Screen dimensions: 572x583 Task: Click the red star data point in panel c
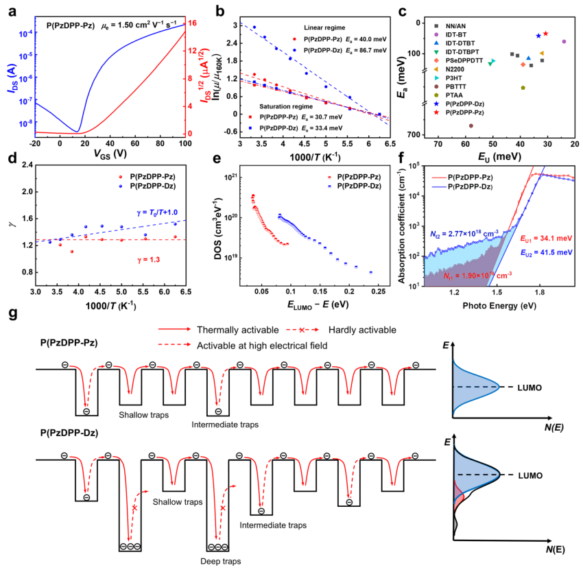[545, 34]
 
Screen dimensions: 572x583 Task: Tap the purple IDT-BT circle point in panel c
[564, 41]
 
